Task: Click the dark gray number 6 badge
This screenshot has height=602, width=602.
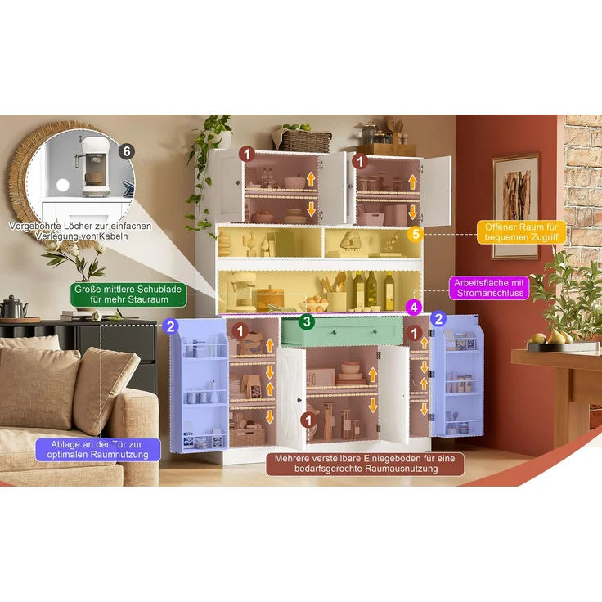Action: (126, 151)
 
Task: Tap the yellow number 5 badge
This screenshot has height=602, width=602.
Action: (416, 233)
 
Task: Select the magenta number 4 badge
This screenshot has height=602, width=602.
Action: (414, 308)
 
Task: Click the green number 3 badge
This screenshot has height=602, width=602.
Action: (307, 321)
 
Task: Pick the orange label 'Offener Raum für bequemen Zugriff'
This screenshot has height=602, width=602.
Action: (521, 232)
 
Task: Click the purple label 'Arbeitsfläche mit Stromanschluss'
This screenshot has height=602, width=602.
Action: (489, 288)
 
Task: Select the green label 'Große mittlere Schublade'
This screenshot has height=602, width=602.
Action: (128, 294)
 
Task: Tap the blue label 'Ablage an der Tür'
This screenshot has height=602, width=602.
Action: (97, 450)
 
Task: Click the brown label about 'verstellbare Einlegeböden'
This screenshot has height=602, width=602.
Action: (365, 464)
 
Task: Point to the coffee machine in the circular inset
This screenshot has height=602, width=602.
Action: (91, 166)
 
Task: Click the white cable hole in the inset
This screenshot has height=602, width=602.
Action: (63, 186)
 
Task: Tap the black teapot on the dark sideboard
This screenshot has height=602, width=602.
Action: (14, 307)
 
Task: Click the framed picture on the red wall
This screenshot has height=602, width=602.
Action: (515, 207)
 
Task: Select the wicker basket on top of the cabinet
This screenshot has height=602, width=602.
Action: (302, 140)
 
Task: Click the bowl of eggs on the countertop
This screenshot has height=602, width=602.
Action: (313, 303)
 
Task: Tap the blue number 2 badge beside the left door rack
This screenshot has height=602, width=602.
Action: (170, 326)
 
